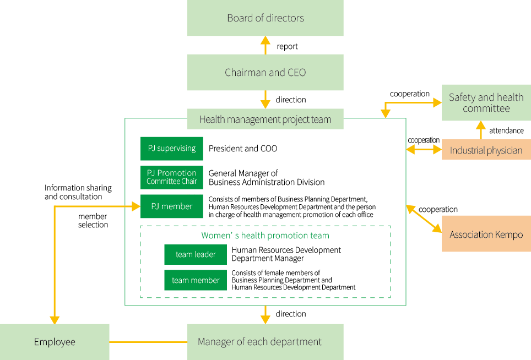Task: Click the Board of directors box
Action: coord(265,18)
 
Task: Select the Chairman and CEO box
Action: coord(265,73)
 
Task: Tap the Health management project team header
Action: coord(265,119)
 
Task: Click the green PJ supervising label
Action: coord(172,149)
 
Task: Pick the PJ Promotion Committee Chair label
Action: coord(172,177)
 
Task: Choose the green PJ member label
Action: coord(172,206)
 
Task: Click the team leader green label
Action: coord(196,254)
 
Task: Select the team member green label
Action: coord(196,280)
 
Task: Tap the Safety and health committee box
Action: coord(486,102)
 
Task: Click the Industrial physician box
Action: coord(486,150)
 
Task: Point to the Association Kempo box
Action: coord(486,234)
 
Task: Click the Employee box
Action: coord(55,342)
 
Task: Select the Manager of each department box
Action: coord(265,342)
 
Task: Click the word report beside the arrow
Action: coord(287,46)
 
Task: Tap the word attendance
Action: coord(506,130)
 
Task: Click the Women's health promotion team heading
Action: coord(265,236)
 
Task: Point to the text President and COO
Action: coord(243,149)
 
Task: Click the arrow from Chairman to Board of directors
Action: coord(265,45)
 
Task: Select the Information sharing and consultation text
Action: coord(78,192)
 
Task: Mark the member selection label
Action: coord(93,221)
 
